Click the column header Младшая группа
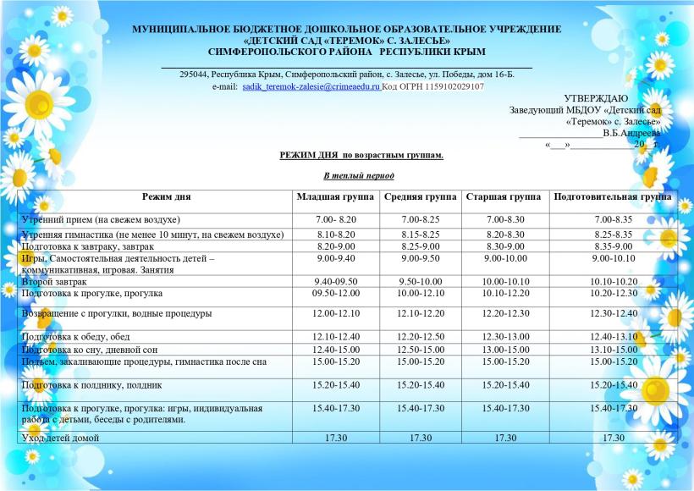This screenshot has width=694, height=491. [334, 196]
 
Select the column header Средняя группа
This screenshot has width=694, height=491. [421, 196]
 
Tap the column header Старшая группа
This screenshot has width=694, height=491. [504, 196]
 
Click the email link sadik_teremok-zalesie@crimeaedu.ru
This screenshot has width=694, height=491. [311, 86]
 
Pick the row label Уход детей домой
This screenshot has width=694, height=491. [60, 438]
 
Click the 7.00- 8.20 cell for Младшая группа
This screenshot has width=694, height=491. [334, 219]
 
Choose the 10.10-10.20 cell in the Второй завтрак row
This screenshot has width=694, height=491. [614, 281]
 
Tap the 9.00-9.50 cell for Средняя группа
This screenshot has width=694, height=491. [421, 257]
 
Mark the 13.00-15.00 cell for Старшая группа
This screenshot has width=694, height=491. [505, 350]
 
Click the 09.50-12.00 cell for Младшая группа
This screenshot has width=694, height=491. [334, 292]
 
